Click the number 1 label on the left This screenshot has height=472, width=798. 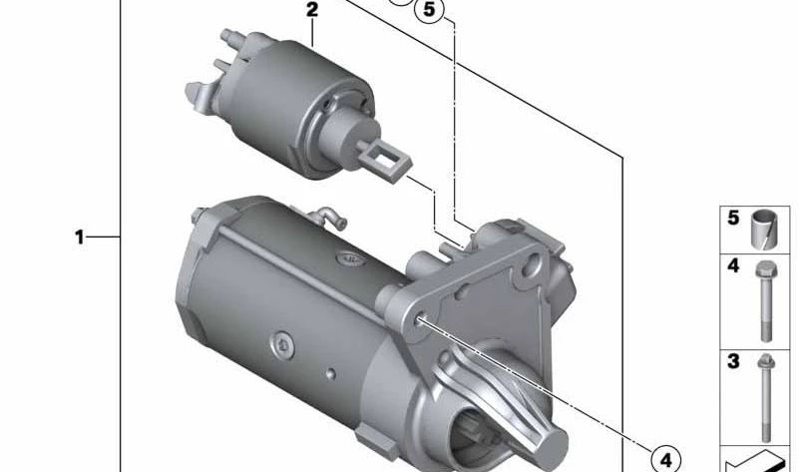pyautogui.click(x=79, y=237)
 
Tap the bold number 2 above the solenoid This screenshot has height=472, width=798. pyautogui.click(x=312, y=10)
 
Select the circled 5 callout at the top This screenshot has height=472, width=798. pyautogui.click(x=429, y=9)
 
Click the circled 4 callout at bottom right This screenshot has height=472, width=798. pyautogui.click(x=665, y=460)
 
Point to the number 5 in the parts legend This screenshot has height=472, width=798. pyautogui.click(x=733, y=218)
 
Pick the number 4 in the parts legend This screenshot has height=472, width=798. pyautogui.click(x=733, y=265)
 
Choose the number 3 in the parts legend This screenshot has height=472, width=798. pyautogui.click(x=733, y=361)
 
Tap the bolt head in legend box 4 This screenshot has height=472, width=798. pyautogui.click(x=766, y=268)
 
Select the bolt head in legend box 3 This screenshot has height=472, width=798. pyautogui.click(x=765, y=362)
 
